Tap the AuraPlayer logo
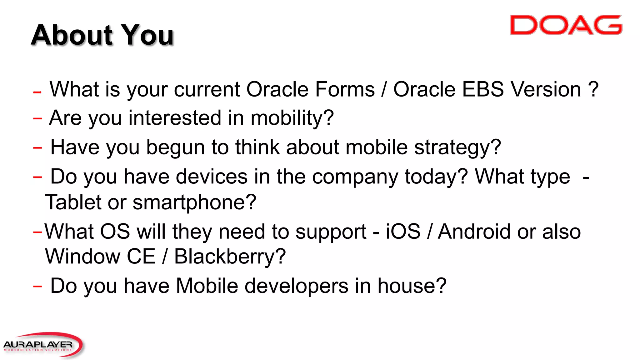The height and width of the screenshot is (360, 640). pos(42,345)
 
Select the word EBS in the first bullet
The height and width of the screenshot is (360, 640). pos(483,90)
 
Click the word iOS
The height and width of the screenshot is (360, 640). pos(403,232)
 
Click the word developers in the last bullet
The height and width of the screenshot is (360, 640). pos(296,286)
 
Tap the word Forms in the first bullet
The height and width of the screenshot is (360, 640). pos(345,90)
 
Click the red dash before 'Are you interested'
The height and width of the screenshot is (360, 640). pos(37,118)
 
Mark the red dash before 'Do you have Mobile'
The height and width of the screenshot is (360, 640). pos(37,286)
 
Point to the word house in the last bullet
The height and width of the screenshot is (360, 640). pos(412,286)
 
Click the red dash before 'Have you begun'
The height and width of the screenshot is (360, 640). pos(37,147)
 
